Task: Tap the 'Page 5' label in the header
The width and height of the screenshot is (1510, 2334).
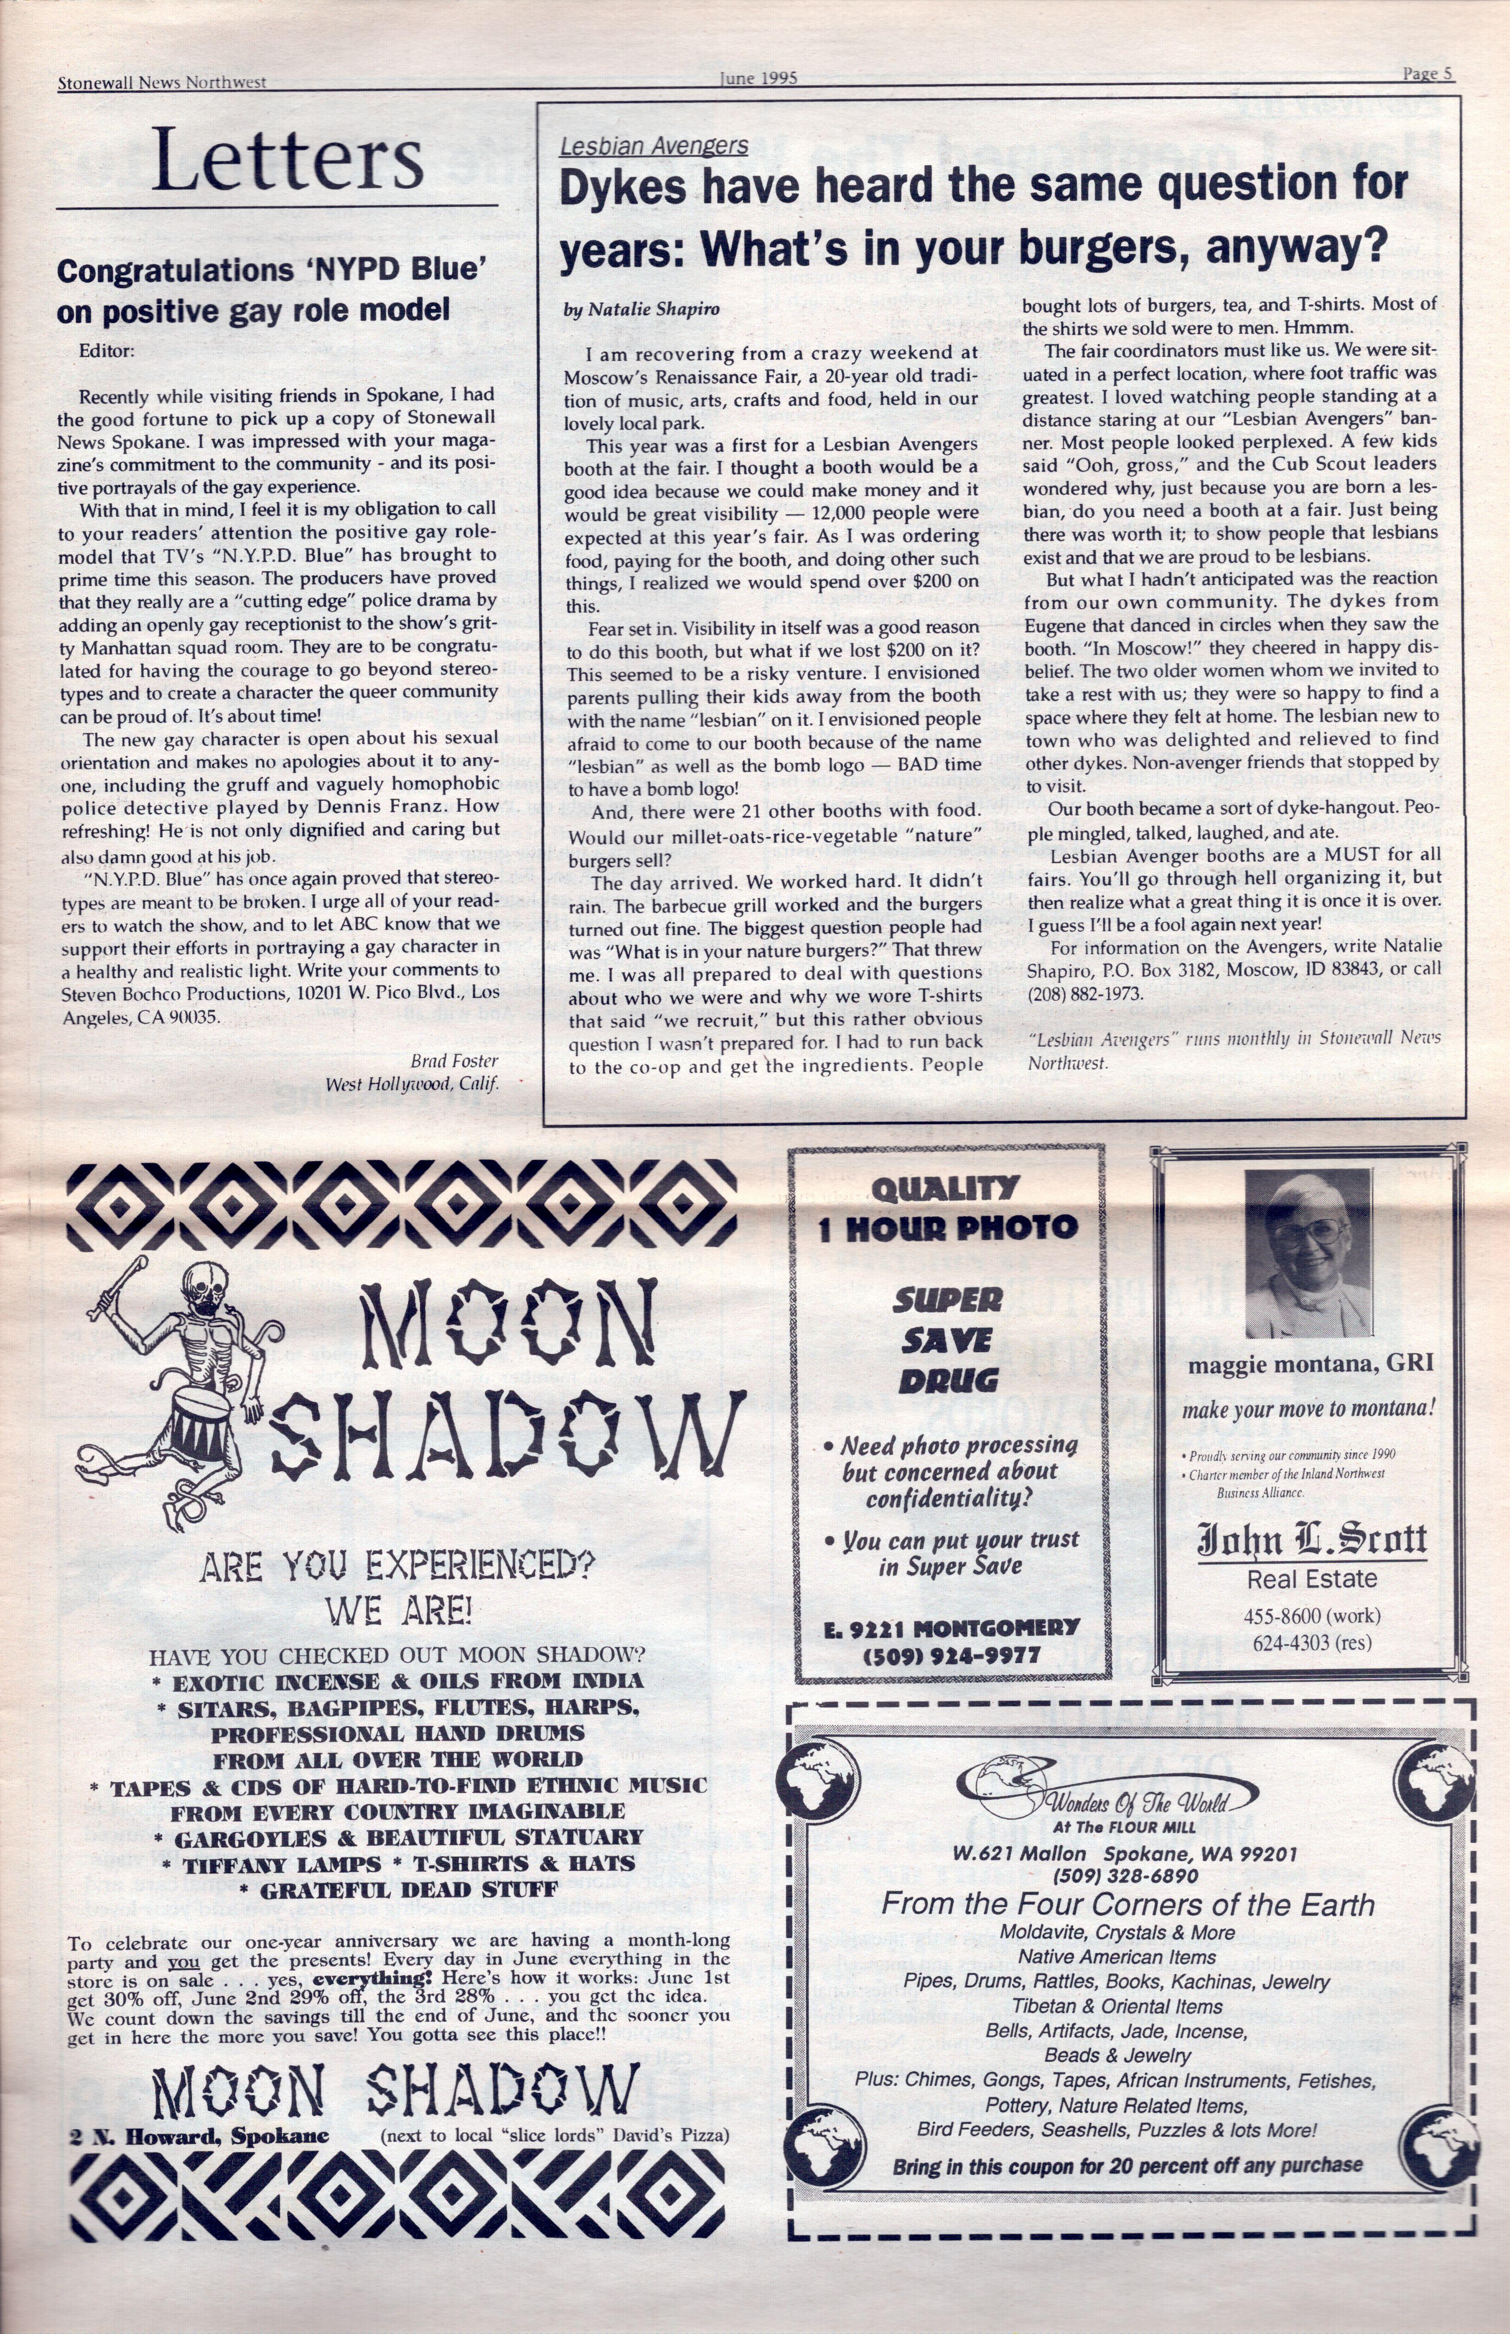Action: tap(1427, 74)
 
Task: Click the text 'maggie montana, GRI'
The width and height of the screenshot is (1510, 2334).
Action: tap(1310, 1363)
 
